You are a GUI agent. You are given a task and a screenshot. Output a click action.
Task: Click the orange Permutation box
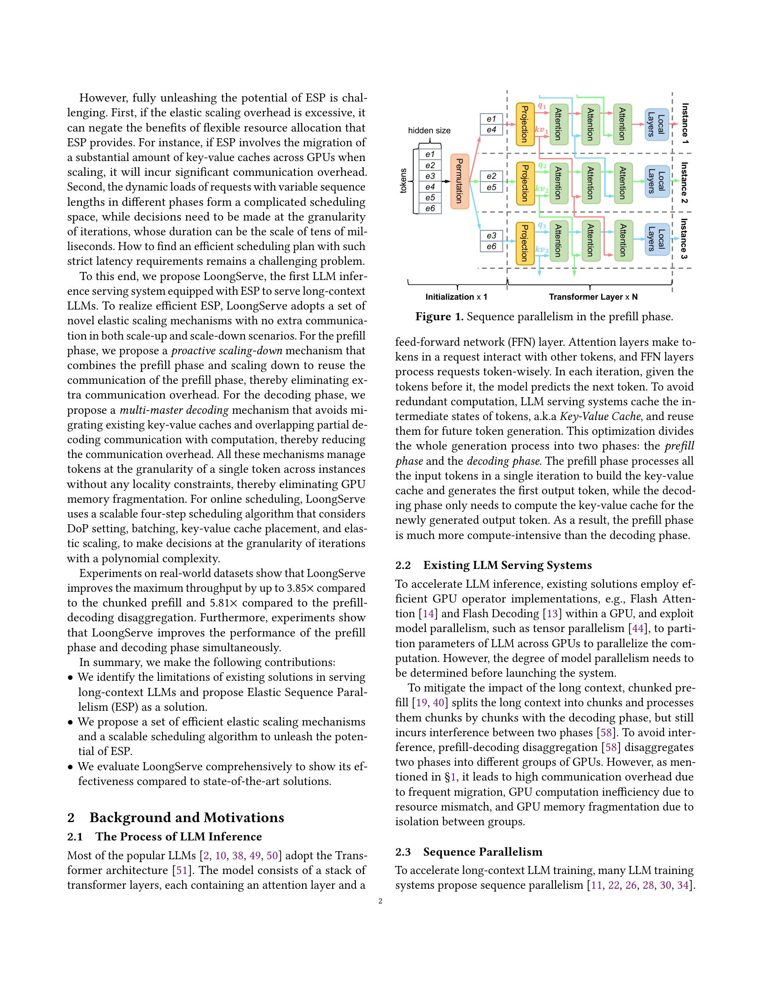click(x=460, y=181)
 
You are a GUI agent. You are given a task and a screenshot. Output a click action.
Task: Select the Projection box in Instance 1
click(x=525, y=124)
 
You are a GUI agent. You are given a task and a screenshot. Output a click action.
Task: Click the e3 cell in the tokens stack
click(x=430, y=176)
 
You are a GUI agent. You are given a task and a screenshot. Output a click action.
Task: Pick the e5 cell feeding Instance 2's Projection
click(x=491, y=187)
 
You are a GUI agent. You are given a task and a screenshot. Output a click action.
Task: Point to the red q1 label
click(x=542, y=106)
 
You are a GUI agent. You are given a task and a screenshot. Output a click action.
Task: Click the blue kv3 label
click(x=542, y=249)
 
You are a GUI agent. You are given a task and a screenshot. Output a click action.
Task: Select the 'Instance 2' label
click(x=684, y=182)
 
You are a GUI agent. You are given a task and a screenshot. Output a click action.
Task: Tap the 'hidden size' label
click(x=429, y=131)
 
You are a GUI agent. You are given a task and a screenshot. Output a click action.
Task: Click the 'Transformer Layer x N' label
click(x=593, y=297)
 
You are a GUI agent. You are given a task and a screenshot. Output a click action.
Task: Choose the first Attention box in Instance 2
click(x=558, y=182)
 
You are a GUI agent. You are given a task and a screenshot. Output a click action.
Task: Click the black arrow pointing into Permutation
click(x=445, y=181)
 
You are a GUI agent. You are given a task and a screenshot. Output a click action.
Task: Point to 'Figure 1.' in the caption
click(x=439, y=317)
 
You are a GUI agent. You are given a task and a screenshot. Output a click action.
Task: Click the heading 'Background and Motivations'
click(x=187, y=817)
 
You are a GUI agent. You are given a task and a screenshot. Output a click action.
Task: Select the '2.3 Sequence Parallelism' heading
click(x=469, y=852)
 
